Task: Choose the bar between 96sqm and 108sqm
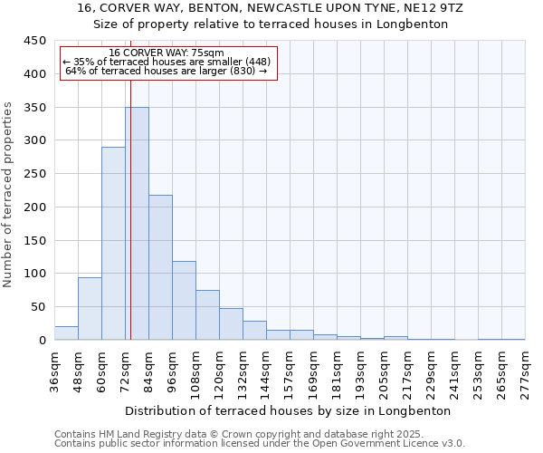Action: (184, 300)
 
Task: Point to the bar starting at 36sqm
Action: (66, 333)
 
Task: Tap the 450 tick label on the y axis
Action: (35, 41)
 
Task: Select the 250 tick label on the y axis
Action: (35, 174)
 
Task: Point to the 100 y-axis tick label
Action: (35, 274)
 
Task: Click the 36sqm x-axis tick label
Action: (54, 368)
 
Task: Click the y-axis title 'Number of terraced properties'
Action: (10, 194)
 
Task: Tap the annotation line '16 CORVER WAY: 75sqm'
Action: (167, 53)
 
